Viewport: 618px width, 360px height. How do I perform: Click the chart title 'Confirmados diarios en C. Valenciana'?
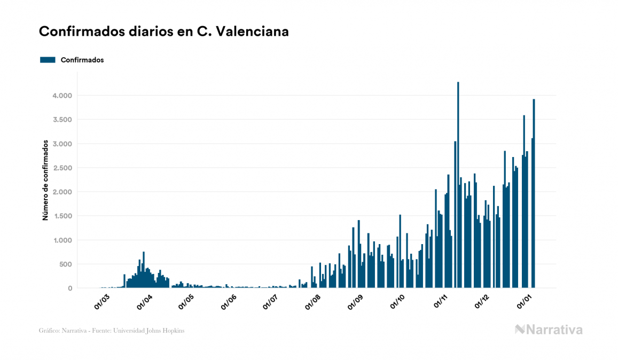[x=164, y=32]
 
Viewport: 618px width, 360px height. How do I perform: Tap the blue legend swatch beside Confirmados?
[x=48, y=60]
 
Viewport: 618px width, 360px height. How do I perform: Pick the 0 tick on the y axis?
[x=69, y=288]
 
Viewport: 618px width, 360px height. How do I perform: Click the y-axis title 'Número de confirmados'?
[x=46, y=181]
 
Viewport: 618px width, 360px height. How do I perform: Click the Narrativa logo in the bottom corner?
[x=549, y=330]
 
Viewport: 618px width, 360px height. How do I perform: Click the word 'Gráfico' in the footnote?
[x=49, y=331]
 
